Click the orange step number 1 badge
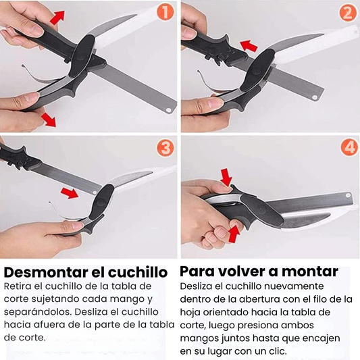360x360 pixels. tap(165, 12)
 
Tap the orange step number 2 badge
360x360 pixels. tap(348, 13)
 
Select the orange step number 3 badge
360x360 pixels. tap(165, 148)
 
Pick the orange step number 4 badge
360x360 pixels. tap(349, 147)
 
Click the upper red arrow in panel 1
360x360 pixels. tap(57, 18)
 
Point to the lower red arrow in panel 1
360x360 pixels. tap(49, 120)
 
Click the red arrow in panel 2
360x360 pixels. tap(249, 46)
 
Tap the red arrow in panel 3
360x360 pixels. tap(70, 193)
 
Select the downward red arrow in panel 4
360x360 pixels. tap(226, 177)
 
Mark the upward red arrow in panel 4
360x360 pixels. tap(234, 234)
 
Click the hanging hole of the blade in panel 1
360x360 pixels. tap(169, 110)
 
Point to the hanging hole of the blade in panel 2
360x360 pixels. tap(315, 97)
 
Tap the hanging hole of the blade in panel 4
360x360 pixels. tap(349, 196)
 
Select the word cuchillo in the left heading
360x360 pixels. tap(138, 272)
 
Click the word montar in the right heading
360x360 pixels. tap(310, 272)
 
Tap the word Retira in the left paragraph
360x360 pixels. tap(18, 286)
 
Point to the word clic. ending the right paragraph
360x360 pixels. tap(278, 351)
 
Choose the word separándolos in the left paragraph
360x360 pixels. tap(38, 313)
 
